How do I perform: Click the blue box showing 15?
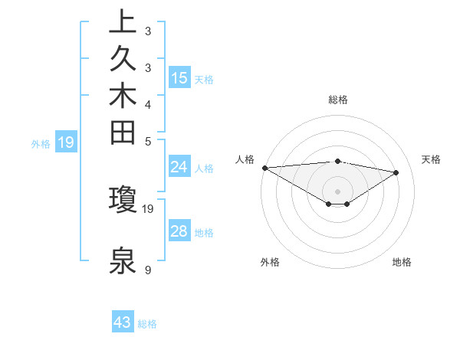[x=179, y=77]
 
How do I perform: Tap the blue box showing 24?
[x=179, y=167]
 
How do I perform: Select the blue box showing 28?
[x=179, y=231]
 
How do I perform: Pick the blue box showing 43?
[x=122, y=322]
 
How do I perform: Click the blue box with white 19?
[x=66, y=142]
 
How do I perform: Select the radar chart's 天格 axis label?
[x=431, y=159]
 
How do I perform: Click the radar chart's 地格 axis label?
[x=402, y=262]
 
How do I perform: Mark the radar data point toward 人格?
[x=264, y=168]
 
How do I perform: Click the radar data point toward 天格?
[x=396, y=172]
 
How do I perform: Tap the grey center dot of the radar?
[x=337, y=191]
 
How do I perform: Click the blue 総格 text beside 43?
[x=147, y=324]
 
